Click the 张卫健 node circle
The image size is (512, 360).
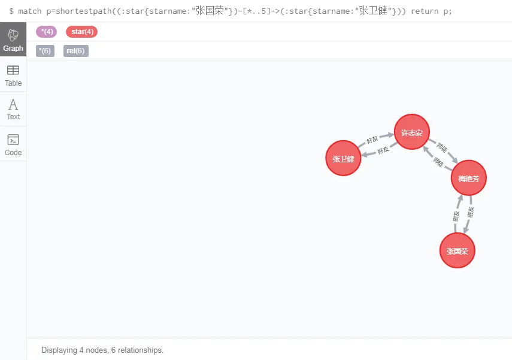(343, 159)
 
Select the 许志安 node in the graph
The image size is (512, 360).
(412, 132)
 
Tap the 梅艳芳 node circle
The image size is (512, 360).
(468, 178)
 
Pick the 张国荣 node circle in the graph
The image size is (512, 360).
(457, 250)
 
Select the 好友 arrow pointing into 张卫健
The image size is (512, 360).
(381, 150)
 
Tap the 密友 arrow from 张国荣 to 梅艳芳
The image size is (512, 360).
(457, 214)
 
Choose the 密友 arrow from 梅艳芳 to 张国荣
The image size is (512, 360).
(469, 214)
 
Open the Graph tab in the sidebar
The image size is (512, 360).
(13, 40)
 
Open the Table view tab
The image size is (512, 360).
(13, 75)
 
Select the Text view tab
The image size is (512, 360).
(13, 109)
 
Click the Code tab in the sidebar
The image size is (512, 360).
(13, 144)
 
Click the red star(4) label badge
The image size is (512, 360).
(81, 32)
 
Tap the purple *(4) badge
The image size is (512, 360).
(47, 32)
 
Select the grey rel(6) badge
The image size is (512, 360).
(75, 51)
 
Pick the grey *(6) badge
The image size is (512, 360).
(45, 51)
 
